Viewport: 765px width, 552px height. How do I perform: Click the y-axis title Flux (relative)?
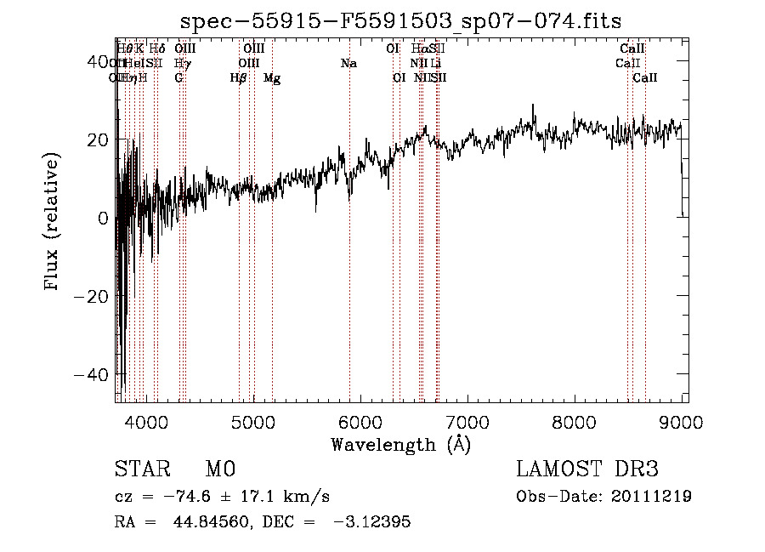pyautogui.click(x=54, y=223)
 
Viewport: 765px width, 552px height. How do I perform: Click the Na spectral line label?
pyautogui.click(x=348, y=64)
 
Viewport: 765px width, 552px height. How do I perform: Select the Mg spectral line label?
pyautogui.click(x=272, y=78)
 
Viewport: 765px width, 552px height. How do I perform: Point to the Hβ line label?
pyautogui.click(x=239, y=78)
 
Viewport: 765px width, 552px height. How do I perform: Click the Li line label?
pyautogui.click(x=435, y=64)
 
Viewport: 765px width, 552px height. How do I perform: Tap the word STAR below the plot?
pyautogui.click(x=141, y=469)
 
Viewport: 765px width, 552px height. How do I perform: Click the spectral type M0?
pyautogui.click(x=219, y=469)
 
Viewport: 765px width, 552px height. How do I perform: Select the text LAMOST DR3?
pyautogui.click(x=587, y=469)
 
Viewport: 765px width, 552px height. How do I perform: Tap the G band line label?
pyautogui.click(x=178, y=78)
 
